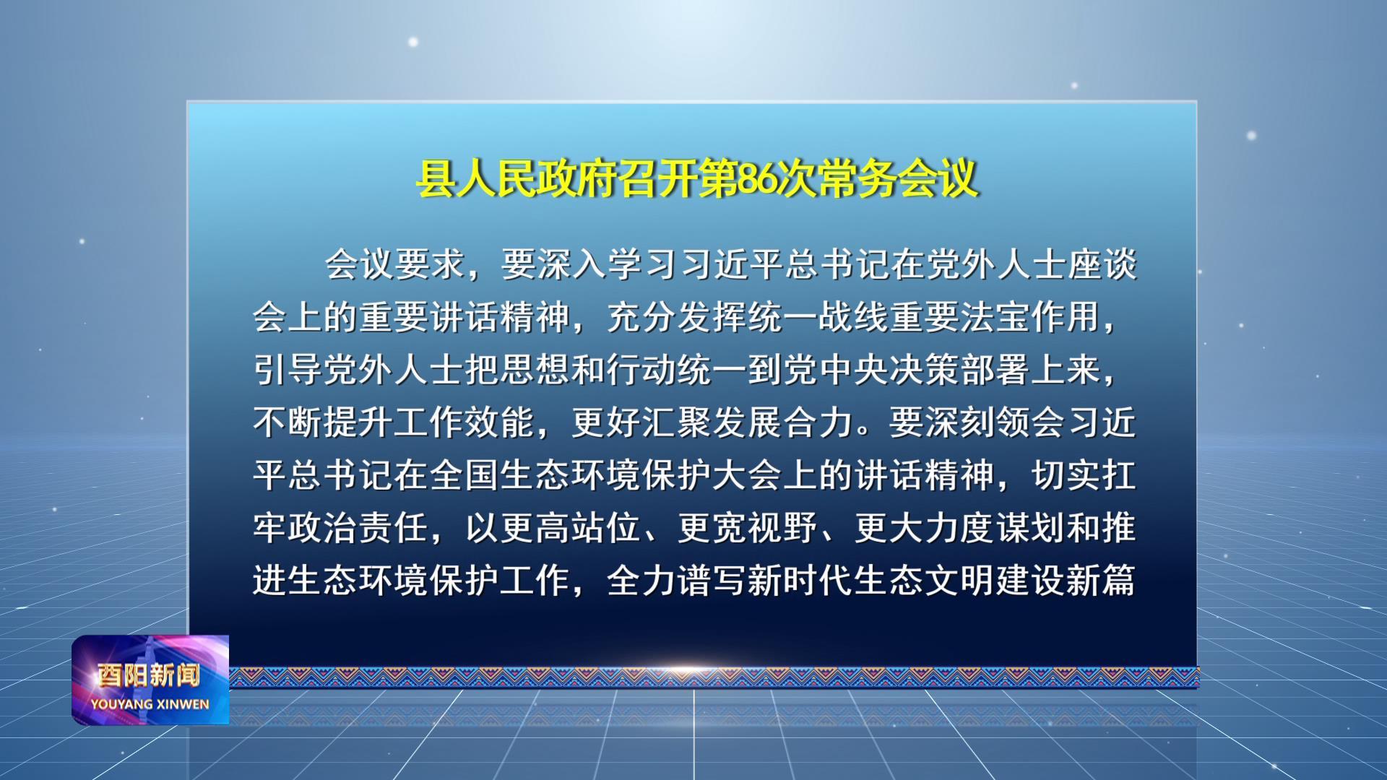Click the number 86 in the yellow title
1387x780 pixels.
click(x=757, y=178)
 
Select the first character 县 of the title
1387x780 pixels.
click(x=436, y=178)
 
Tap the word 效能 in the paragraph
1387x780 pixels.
click(x=500, y=422)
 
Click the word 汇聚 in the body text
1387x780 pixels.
click(x=677, y=422)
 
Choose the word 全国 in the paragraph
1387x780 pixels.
click(x=465, y=475)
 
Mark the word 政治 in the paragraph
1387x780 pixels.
click(x=323, y=528)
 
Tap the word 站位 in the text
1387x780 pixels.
click(x=606, y=528)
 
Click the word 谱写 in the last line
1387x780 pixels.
click(x=712, y=581)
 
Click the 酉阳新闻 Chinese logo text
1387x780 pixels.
click(x=150, y=675)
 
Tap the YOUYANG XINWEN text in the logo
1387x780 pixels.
click(x=150, y=704)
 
